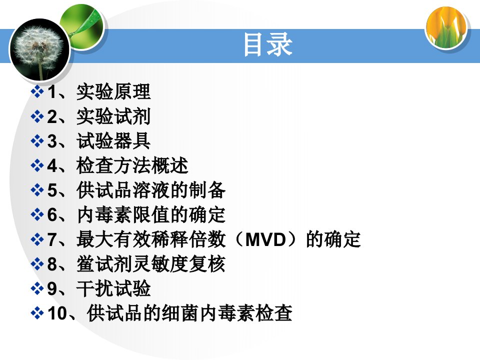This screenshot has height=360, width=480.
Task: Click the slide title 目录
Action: (268, 44)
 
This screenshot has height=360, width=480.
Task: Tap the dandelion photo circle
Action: (40, 49)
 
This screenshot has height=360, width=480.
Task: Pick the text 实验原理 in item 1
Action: (113, 91)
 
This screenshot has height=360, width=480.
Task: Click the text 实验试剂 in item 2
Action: (113, 116)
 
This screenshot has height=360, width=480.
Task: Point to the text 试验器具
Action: (113, 141)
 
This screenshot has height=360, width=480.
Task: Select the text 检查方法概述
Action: (132, 165)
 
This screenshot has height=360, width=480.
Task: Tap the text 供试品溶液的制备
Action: (151, 190)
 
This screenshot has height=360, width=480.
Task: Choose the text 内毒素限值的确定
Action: (151, 214)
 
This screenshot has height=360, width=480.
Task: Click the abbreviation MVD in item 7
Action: (265, 239)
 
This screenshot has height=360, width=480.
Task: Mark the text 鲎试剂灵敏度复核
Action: (151, 264)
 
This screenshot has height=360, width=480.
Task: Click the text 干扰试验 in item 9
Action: (113, 288)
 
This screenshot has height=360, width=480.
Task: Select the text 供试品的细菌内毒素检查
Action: (189, 313)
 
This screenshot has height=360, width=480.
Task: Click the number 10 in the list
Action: (57, 313)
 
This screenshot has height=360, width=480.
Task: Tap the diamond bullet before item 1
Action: (37, 91)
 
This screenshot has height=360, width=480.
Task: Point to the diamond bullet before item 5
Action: (37, 190)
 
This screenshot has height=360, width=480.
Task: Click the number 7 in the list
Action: (52, 239)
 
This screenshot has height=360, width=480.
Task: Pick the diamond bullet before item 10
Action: (37, 313)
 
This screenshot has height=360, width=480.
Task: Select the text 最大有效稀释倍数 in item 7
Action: (151, 239)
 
